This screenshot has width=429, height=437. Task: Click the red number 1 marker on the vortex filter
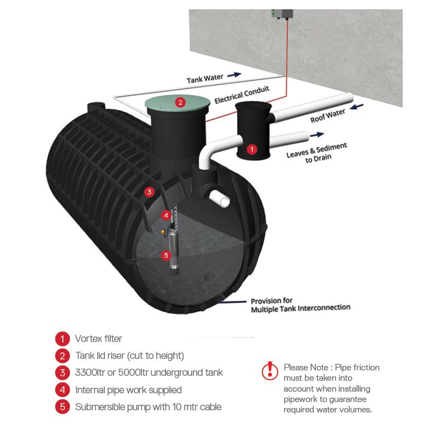click(x=252, y=149)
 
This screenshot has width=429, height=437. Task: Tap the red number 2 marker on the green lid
click(x=180, y=102)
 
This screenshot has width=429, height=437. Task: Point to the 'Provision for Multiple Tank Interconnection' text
click(x=300, y=305)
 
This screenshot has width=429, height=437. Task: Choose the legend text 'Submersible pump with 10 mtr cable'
click(x=148, y=407)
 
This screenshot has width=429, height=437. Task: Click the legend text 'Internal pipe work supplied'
click(x=128, y=390)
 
